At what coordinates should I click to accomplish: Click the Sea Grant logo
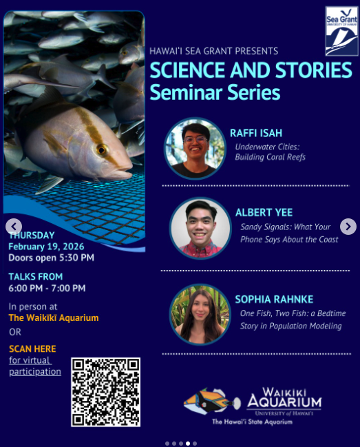click(x=341, y=31)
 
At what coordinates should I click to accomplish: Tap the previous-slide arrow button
click(x=14, y=227)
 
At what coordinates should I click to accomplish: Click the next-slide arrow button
click(x=348, y=227)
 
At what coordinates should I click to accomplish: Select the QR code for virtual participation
click(x=106, y=392)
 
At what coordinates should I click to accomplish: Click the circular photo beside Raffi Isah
click(x=195, y=149)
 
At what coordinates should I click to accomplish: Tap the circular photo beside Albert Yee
click(x=200, y=228)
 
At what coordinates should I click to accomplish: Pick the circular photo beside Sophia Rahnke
click(x=200, y=315)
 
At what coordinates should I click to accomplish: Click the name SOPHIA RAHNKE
click(x=274, y=300)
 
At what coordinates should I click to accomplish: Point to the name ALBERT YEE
click(x=264, y=212)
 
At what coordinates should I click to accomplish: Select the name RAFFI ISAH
click(x=256, y=133)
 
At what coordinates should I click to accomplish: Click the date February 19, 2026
click(x=46, y=247)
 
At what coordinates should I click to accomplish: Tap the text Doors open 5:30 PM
click(x=51, y=258)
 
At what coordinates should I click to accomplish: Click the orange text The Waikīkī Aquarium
click(x=54, y=318)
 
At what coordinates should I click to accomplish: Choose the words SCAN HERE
click(x=32, y=349)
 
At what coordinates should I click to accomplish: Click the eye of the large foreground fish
click(x=101, y=149)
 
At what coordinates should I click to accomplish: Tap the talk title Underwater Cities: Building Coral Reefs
click(x=270, y=152)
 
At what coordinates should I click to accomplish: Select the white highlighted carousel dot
click(x=188, y=444)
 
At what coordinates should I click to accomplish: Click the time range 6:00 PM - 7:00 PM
click(x=47, y=288)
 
